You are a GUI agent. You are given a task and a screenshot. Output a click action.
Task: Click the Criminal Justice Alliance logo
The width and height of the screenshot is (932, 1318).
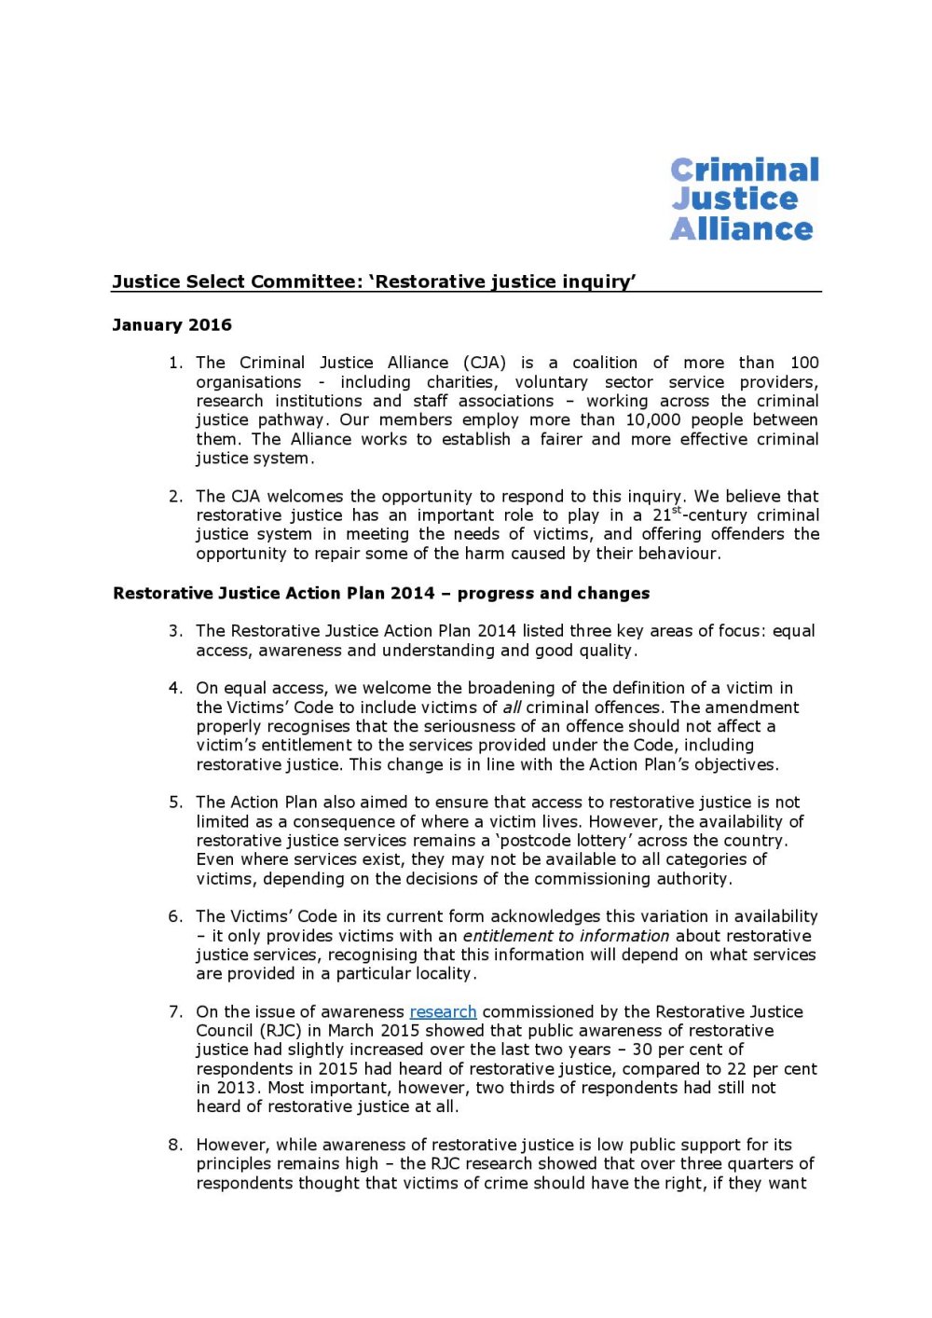click(x=744, y=199)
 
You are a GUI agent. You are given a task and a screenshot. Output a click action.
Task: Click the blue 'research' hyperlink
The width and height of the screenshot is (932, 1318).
click(x=443, y=1011)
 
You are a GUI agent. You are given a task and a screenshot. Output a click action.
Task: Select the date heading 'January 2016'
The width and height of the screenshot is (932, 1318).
click(x=171, y=325)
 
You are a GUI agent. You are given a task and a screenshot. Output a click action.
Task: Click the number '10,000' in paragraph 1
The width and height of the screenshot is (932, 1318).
click(x=653, y=419)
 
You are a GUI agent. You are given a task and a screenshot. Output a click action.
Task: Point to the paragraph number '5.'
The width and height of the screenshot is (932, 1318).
click(x=176, y=803)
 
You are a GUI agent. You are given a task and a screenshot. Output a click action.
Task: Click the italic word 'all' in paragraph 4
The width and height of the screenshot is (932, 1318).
click(x=512, y=707)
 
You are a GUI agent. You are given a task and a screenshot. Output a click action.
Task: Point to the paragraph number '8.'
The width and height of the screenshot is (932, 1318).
click(x=176, y=1145)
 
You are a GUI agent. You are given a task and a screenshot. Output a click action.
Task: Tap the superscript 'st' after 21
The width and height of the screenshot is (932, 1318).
click(x=677, y=510)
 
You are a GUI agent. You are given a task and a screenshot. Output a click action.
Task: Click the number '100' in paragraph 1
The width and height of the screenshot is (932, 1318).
click(x=804, y=363)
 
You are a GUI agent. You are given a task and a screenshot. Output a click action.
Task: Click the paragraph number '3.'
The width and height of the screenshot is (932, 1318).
click(x=176, y=631)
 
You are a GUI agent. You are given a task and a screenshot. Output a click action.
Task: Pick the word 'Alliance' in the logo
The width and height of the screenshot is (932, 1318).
click(x=742, y=229)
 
